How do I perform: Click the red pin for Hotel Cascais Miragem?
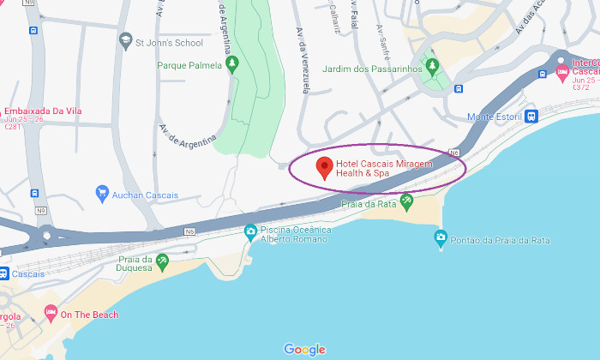coord(324,167)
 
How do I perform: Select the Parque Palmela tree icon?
coord(231,64)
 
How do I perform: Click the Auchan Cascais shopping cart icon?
coord(102,195)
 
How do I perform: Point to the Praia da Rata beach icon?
coord(406,202)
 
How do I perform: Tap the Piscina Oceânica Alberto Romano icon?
coord(250,231)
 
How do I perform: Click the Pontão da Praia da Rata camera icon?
coord(441,236)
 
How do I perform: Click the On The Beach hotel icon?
coord(51,314)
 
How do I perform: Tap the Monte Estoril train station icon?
coord(531,117)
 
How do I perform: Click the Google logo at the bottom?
coord(304,349)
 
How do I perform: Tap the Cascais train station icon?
coord(3,274)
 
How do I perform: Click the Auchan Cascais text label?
coord(145,195)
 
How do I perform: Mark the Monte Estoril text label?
coord(494,117)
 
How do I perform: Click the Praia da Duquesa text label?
coord(135,264)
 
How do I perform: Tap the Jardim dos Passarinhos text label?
coord(372,69)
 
